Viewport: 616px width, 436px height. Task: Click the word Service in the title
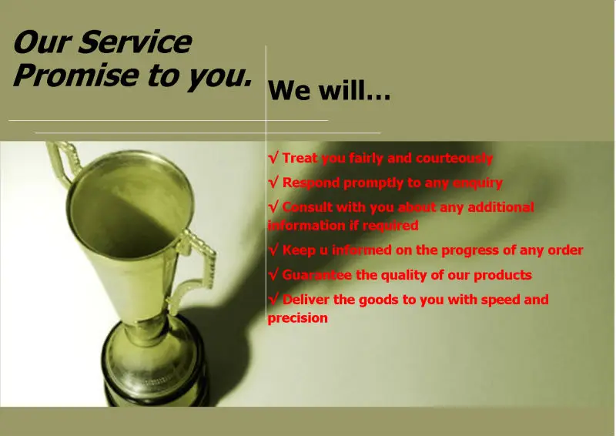tap(136, 42)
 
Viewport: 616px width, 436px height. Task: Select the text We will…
tap(329, 91)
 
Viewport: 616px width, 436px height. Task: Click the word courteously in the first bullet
tap(454, 158)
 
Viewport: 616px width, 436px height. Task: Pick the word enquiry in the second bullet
tap(477, 183)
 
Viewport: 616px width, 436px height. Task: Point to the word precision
tap(298, 318)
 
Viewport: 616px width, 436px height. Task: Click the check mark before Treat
tap(273, 158)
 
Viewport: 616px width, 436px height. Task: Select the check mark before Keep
tap(273, 250)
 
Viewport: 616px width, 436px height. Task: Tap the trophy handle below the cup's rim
tap(195, 271)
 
